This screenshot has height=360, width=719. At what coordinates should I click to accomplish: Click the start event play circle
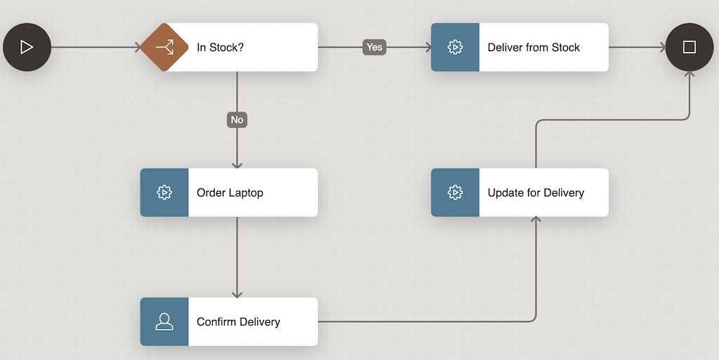(x=27, y=47)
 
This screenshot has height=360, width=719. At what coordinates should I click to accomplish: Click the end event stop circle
(x=689, y=47)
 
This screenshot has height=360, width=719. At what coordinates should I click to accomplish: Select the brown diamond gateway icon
(x=164, y=47)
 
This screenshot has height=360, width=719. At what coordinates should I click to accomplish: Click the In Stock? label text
(x=220, y=48)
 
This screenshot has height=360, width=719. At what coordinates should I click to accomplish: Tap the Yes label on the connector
(x=374, y=47)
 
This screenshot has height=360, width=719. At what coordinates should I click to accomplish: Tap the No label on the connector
(x=237, y=119)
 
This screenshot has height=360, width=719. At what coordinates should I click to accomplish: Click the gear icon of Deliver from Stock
(x=455, y=47)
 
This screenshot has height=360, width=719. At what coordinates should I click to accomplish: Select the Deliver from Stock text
(x=534, y=48)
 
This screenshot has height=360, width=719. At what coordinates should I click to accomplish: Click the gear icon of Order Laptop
(x=164, y=192)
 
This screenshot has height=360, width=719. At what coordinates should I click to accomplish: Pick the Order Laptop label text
(x=230, y=192)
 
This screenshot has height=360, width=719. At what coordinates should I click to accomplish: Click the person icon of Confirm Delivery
(x=164, y=321)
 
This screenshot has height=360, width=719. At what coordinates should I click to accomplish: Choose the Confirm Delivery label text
(x=238, y=321)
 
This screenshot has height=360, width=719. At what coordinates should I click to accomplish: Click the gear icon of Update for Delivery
(x=455, y=192)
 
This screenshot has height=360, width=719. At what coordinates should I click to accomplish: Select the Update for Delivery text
(x=536, y=192)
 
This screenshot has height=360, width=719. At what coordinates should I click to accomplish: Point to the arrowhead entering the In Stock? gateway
(x=138, y=47)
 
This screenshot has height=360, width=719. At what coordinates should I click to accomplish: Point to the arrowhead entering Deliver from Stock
(x=427, y=47)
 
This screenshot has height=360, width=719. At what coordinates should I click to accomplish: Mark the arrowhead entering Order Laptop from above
(x=237, y=165)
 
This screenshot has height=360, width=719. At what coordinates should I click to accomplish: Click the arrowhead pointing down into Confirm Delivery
(x=237, y=294)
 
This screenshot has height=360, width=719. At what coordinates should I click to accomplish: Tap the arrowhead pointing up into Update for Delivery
(x=536, y=220)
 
